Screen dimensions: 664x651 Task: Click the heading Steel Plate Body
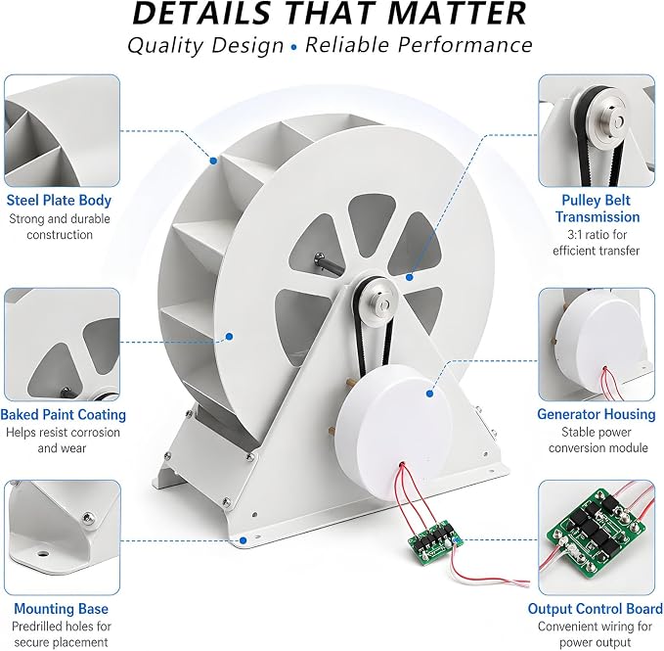click(x=59, y=200)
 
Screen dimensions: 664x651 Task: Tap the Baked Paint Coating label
click(x=64, y=414)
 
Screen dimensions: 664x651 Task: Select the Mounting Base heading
click(x=61, y=609)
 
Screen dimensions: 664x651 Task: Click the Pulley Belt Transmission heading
click(x=598, y=209)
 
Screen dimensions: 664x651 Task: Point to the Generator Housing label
click(x=597, y=414)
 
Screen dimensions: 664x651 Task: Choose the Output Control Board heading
click(x=595, y=609)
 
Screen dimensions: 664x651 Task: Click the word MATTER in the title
click(x=457, y=13)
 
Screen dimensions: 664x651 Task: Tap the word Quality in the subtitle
click(x=165, y=45)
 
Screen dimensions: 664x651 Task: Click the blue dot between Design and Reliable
click(x=294, y=47)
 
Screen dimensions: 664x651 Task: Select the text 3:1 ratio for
click(x=597, y=234)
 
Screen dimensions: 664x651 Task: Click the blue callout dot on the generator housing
click(x=430, y=394)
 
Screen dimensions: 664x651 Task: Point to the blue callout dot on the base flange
click(x=243, y=540)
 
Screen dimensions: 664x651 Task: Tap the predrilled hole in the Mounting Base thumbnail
click(x=42, y=553)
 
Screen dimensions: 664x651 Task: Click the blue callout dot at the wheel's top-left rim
click(x=214, y=161)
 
